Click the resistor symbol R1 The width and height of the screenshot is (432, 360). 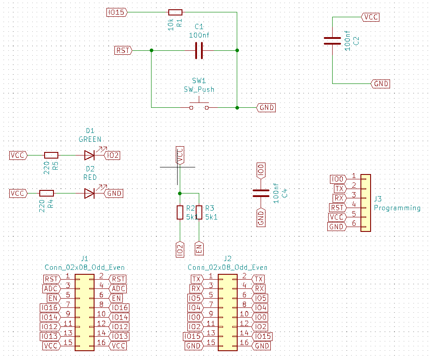(x=175, y=12)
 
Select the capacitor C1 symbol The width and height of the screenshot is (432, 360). (x=199, y=50)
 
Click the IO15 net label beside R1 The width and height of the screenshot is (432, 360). (x=117, y=12)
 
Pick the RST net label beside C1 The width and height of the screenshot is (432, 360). (x=123, y=50)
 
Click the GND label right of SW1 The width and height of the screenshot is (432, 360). (x=266, y=107)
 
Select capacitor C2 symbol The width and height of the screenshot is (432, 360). (x=332, y=41)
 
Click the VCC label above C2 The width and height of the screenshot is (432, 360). (x=370, y=17)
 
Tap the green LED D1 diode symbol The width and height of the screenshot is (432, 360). (x=90, y=155)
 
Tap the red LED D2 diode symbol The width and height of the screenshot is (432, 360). (x=90, y=193)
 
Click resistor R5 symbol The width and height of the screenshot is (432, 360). (x=51, y=155)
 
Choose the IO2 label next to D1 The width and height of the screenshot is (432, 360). (x=112, y=155)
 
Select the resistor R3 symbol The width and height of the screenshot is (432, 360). (x=199, y=212)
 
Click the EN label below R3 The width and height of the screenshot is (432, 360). (x=199, y=248)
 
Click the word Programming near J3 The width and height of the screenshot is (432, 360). (x=397, y=208)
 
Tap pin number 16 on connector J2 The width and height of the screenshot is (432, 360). (x=244, y=343)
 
